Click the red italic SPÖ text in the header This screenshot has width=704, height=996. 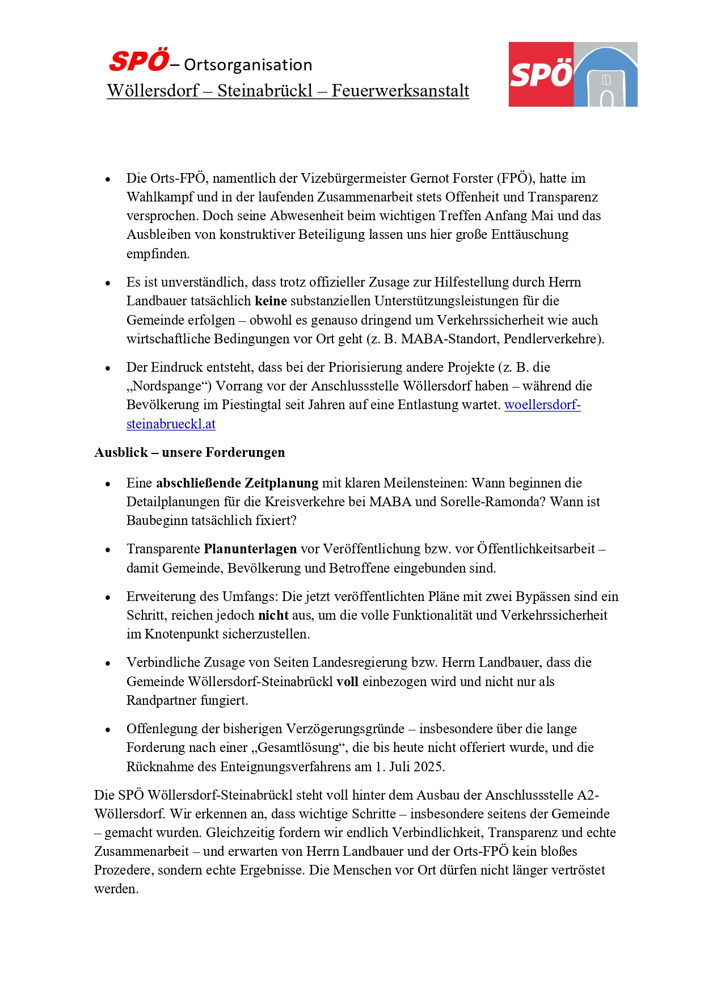[x=139, y=61]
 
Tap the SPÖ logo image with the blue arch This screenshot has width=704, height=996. [x=572, y=74]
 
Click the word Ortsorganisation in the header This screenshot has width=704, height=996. [x=248, y=65]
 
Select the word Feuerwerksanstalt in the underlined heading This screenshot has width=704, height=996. [x=400, y=91]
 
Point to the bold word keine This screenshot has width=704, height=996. [x=271, y=301]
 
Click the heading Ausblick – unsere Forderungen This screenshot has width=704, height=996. [x=189, y=452]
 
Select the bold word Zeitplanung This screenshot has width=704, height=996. [x=281, y=483]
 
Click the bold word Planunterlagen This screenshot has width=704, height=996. [x=250, y=549]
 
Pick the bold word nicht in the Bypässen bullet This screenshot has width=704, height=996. [x=273, y=615]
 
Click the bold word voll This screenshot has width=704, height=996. [x=347, y=682]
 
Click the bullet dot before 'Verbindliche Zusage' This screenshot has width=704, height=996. [x=108, y=663]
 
